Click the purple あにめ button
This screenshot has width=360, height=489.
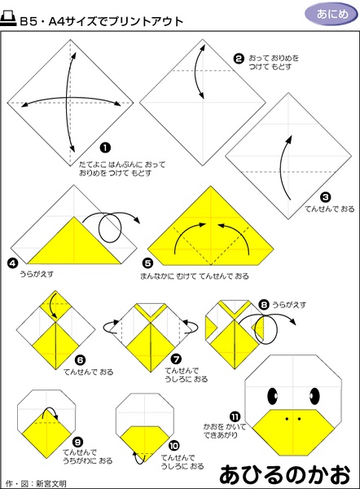pos(331,14)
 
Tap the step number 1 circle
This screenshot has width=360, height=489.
pos(105,148)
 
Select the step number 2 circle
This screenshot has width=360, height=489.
pos(239,59)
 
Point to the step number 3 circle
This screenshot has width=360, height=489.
pos(326,197)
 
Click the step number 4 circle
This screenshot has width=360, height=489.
pos(12,263)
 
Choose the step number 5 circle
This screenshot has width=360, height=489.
pos(147,263)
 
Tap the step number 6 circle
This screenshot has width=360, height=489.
pos(80,360)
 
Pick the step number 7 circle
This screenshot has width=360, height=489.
pos(177,359)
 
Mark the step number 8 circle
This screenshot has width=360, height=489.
pos(264,305)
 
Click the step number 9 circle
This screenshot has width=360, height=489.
pos(77,442)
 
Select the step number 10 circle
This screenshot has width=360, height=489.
pos(173,446)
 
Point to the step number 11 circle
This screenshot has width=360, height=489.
pos(235,417)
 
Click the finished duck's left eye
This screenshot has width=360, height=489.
pos(272,396)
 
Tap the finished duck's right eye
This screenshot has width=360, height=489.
pos(314,396)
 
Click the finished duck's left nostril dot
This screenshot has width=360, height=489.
pos(287,419)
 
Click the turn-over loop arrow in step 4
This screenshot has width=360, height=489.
pos(111,227)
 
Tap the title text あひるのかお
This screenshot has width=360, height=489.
pos(285,474)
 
